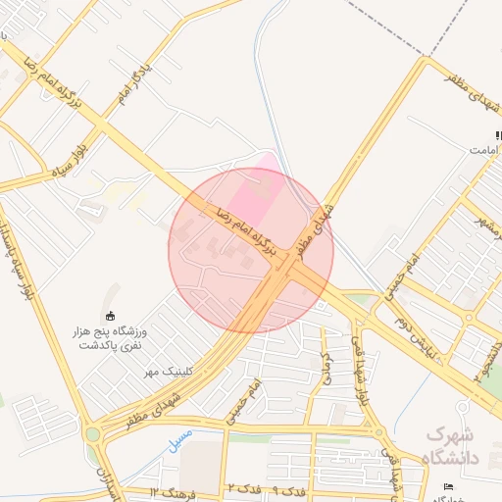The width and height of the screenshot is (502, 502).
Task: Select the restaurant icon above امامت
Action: click(x=498, y=134)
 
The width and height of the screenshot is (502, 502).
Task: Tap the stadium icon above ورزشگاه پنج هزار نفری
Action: click(x=110, y=316)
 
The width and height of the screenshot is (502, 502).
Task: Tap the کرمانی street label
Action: click(x=326, y=365)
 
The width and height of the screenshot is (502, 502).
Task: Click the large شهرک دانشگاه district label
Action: click(x=450, y=445)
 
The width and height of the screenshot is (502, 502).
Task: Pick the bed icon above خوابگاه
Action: click(x=449, y=486)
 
